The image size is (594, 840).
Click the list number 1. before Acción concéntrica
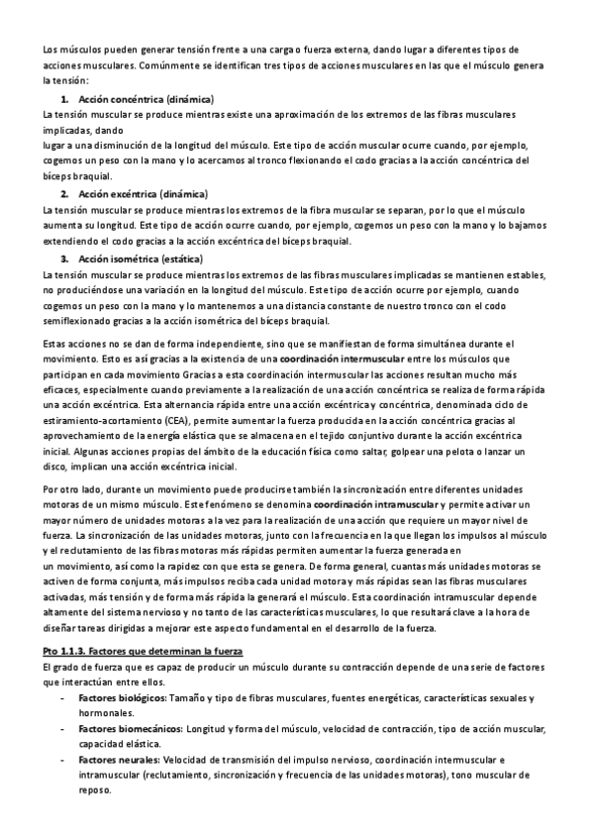(x=64, y=100)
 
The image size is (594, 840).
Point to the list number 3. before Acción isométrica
(x=64, y=259)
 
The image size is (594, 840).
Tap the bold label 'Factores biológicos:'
(x=123, y=698)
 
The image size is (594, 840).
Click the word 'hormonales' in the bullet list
(x=105, y=713)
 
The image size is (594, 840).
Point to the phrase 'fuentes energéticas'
(x=369, y=698)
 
